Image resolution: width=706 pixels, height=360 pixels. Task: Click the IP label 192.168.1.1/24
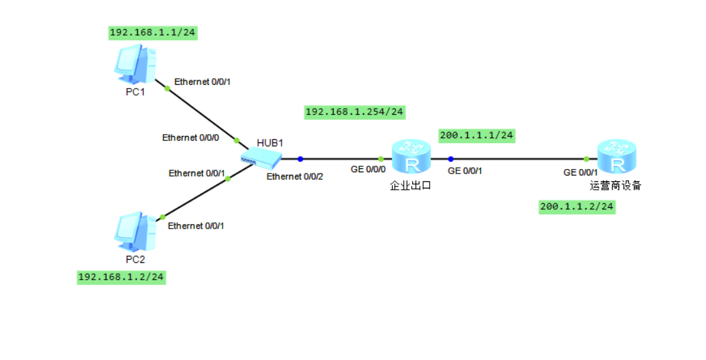tap(153, 33)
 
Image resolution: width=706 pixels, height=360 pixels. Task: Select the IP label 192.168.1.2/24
tap(121, 277)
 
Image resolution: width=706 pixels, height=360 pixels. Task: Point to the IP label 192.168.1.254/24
tap(354, 112)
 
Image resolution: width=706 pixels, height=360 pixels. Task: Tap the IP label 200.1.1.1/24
tap(476, 135)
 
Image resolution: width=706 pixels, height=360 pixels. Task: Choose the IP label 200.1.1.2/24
tap(577, 207)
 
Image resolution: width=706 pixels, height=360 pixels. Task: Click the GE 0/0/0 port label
tap(368, 170)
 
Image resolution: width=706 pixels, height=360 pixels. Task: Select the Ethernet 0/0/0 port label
tap(191, 137)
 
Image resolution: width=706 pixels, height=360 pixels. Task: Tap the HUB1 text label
tap(270, 142)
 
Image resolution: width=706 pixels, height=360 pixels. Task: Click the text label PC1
tap(135, 92)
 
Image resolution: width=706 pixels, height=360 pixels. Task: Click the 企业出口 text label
tap(410, 185)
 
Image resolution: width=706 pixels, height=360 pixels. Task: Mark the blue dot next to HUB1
tap(300, 159)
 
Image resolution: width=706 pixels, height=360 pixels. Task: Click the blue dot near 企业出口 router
tap(450, 159)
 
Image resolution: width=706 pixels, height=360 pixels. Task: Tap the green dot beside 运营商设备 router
tap(586, 159)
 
